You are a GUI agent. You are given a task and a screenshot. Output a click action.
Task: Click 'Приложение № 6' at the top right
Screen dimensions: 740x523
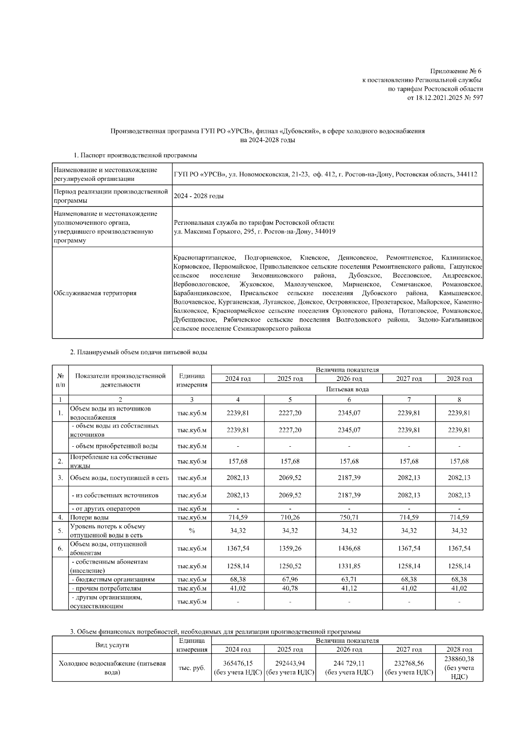[455, 71]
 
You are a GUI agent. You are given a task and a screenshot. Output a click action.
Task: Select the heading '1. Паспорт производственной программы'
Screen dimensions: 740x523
[135, 155]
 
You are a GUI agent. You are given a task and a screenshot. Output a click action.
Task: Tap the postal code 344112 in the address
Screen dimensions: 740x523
[467, 174]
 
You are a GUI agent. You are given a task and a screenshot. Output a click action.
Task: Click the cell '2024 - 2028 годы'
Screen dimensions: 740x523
[198, 196]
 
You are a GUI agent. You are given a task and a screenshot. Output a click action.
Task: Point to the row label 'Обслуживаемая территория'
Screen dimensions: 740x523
[95, 293]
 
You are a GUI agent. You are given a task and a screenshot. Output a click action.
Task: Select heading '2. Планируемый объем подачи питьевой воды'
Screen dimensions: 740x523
[139, 352]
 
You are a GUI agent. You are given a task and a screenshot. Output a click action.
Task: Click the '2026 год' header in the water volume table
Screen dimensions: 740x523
[349, 379]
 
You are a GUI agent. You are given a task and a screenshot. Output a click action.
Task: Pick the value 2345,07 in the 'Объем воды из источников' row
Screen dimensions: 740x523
[349, 413]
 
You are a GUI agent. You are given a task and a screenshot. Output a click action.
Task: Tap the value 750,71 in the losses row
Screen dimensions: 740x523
[349, 518]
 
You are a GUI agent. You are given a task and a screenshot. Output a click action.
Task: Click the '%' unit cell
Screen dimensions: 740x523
[191, 531]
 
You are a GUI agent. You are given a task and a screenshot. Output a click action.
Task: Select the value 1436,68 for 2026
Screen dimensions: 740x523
[349, 549]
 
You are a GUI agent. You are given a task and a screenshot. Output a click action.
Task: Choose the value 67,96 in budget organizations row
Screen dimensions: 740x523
[290, 580]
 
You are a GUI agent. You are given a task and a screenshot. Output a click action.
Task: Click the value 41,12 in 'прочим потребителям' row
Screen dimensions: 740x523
[349, 588]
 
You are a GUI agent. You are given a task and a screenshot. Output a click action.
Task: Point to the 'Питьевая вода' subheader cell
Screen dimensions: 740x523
[347, 389]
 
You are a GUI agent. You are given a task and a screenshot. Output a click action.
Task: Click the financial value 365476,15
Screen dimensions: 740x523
[238, 663]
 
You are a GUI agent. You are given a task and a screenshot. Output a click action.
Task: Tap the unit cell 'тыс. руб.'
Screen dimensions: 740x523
[191, 668]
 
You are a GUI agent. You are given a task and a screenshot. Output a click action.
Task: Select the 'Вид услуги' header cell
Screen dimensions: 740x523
[112, 645]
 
